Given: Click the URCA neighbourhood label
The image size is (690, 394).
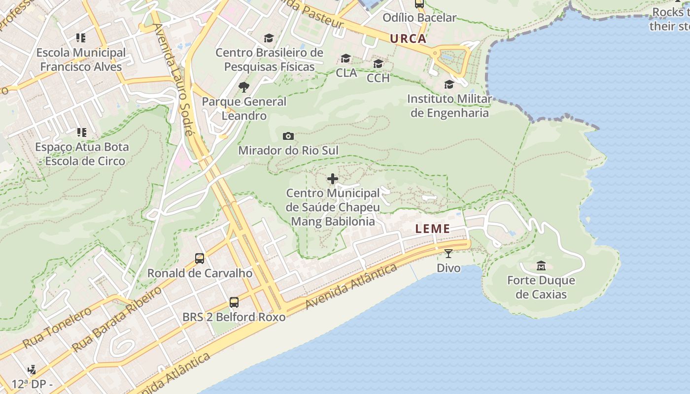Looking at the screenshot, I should pyautogui.click(x=408, y=39).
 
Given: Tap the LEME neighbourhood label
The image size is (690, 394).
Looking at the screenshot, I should pyautogui.click(x=432, y=229).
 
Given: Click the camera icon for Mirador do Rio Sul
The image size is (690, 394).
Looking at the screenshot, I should pyautogui.click(x=288, y=136).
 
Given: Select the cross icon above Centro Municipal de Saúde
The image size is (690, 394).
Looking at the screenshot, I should pyautogui.click(x=333, y=179).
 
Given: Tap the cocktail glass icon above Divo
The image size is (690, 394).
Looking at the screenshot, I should pyautogui.click(x=448, y=254).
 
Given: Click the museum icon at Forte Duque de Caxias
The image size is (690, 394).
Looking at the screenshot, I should pyautogui.click(x=541, y=266).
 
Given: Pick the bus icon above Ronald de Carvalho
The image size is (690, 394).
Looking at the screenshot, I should pyautogui.click(x=200, y=259).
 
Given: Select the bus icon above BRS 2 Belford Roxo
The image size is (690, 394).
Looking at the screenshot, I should pyautogui.click(x=234, y=302).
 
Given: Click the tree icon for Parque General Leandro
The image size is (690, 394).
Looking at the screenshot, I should pyautogui.click(x=243, y=88).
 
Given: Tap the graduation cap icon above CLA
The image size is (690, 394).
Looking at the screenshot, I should pyautogui.click(x=346, y=59).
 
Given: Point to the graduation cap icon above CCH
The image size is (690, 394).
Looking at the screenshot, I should pyautogui.click(x=378, y=64).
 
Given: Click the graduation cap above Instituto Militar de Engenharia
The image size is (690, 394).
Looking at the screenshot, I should pyautogui.click(x=449, y=85).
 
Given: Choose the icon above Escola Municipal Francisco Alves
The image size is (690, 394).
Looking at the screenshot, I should pyautogui.click(x=81, y=38).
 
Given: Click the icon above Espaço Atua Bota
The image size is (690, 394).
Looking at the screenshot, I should pyautogui.click(x=81, y=132).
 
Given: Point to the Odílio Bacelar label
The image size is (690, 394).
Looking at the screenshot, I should pyautogui.click(x=419, y=18).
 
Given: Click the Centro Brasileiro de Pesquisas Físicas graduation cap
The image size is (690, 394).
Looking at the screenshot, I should pyautogui.click(x=269, y=38).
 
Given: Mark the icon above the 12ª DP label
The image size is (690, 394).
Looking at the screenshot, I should pyautogui.click(x=32, y=369).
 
